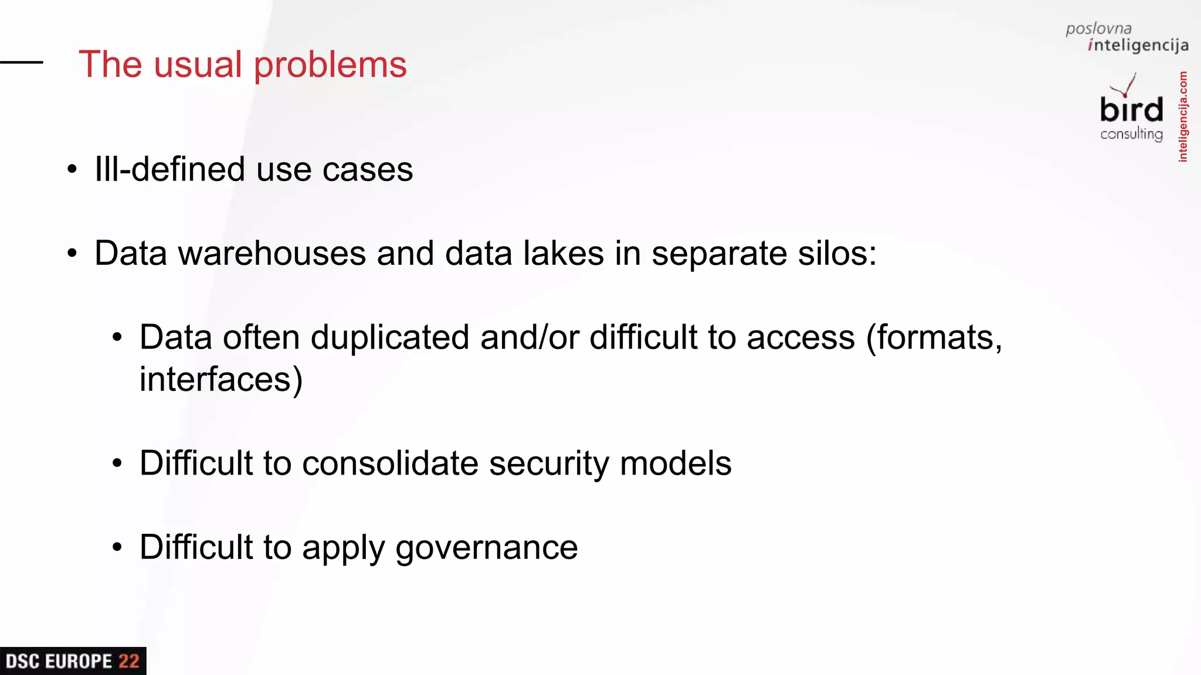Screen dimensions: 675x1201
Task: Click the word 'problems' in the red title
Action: point(330,65)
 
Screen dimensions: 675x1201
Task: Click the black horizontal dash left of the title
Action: point(22,62)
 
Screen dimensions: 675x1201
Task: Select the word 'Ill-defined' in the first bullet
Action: point(170,169)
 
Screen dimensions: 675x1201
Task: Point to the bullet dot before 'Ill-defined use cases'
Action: point(72,170)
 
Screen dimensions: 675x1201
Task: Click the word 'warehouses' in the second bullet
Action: point(272,253)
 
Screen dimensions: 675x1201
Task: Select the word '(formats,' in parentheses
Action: point(934,337)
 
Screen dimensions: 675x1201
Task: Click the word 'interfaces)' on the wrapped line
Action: point(221,379)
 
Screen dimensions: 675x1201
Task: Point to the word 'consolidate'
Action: point(390,463)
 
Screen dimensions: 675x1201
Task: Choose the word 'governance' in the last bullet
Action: point(486,548)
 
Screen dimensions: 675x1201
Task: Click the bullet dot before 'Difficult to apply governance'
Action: point(117,547)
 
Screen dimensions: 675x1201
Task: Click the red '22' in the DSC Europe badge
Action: point(129,662)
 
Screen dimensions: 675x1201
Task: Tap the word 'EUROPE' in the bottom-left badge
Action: point(78,662)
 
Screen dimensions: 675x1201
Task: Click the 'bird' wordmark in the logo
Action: point(1131,110)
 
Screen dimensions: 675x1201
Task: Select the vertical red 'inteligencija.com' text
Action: point(1183,117)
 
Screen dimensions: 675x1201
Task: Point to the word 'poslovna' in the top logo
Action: point(1098,29)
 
